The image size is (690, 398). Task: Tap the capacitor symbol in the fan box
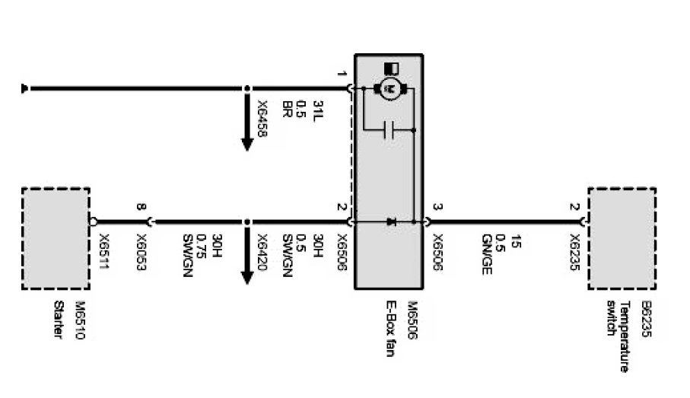pos(390,130)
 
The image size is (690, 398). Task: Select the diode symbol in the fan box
pos(392,222)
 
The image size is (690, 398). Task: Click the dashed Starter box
pos(56,238)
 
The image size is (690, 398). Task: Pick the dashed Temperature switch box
pos(622,238)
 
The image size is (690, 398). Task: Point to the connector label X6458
pos(262,119)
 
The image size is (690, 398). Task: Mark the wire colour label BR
pos(287,107)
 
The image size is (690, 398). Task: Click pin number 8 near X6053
pos(140,206)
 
